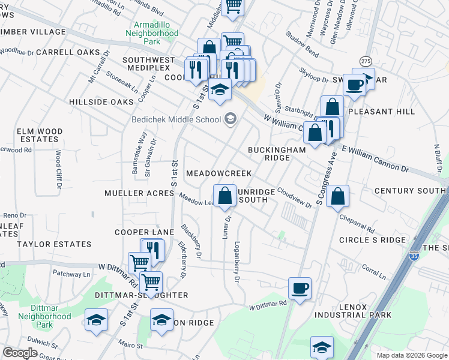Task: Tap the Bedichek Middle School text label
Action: pos(176,119)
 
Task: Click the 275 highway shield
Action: pos(366,62)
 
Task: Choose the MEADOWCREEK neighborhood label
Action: pos(218,173)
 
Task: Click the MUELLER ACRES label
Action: pos(139,193)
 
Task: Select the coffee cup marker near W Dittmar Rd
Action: pos(300,288)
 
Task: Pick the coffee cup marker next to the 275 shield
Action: pos(355,85)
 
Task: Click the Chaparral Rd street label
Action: pos(357,224)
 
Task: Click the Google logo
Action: pos(20,353)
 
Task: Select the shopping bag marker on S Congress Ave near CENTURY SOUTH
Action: pos(338,196)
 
